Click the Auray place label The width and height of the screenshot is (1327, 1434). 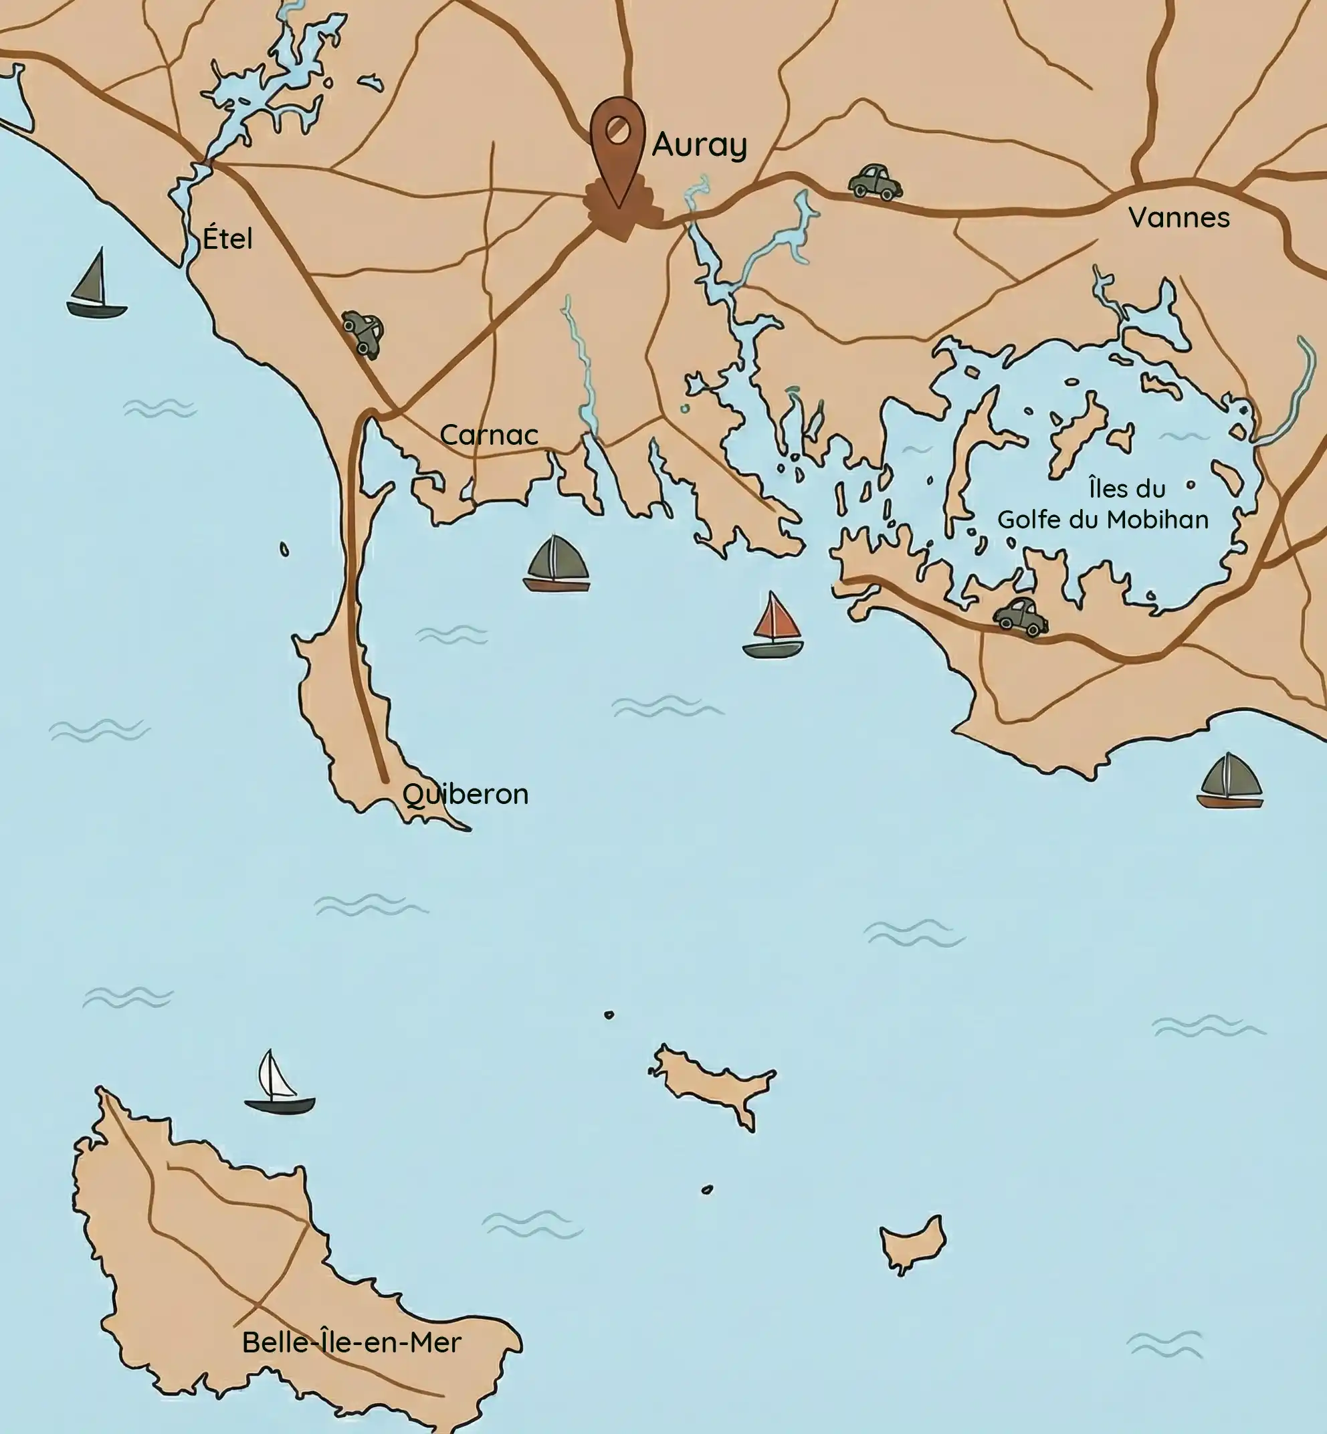point(700,145)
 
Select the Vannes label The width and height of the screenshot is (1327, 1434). point(1179,217)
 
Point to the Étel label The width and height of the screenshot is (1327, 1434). point(227,237)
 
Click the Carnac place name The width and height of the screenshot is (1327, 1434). point(489,435)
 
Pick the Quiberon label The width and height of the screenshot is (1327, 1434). point(466,794)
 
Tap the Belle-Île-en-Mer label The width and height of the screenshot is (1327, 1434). point(351,1342)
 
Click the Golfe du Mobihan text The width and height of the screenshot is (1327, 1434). point(1103,519)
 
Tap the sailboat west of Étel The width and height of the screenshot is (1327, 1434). point(96,285)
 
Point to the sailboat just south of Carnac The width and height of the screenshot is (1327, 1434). point(556,565)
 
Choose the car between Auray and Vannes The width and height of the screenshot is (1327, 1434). point(875,182)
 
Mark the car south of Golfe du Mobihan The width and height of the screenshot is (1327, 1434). point(1021,616)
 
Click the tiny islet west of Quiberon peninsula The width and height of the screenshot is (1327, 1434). point(284,550)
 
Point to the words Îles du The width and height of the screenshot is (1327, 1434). point(1126,489)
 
